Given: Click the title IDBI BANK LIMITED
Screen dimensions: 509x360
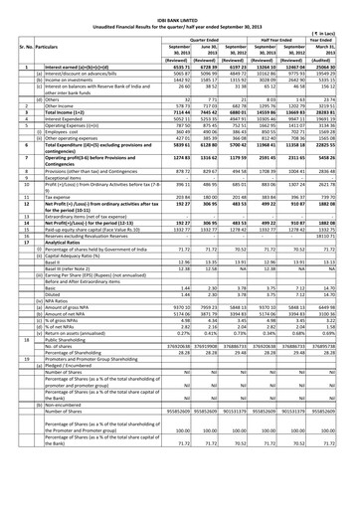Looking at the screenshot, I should pyautogui.click(x=180, y=7).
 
